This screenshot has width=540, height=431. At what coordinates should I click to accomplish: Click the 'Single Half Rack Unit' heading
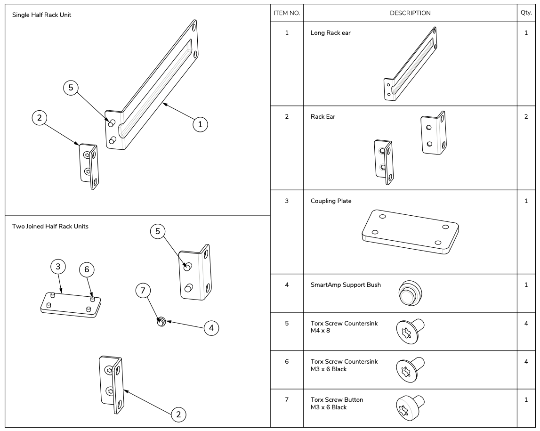pos(41,15)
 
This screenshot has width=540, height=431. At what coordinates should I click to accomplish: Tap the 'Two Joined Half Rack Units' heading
pos(50,227)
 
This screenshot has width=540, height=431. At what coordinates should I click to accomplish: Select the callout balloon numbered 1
pos(200,124)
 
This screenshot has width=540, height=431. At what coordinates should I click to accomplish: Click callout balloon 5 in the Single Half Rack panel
pos(71,88)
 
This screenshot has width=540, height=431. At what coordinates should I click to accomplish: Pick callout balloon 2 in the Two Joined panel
pos(178,414)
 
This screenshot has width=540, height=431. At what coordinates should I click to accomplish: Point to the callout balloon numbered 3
pos(58,267)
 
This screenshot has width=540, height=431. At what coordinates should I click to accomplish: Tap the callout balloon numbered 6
pos(87,269)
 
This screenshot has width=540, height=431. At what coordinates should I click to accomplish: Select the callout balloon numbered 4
pos(211,328)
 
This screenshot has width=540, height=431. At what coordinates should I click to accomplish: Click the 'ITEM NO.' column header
pos(287,13)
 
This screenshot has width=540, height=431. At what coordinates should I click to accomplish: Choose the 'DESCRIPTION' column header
pos(410,13)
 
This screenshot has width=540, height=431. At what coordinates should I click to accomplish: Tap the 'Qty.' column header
pos(526,13)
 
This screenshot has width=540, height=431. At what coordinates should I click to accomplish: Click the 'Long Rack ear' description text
pos(330,33)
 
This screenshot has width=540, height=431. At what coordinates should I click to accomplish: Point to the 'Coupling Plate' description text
pos(331,201)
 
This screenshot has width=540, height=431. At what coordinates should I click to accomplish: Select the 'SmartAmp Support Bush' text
pos(346,285)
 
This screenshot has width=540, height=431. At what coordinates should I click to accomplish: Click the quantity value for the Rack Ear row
pos(526,117)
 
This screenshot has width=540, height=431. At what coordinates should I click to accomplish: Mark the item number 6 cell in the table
pos(287,362)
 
